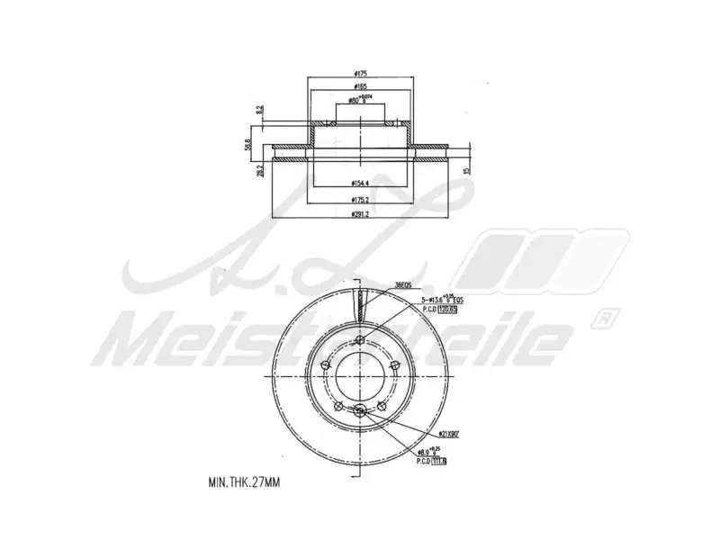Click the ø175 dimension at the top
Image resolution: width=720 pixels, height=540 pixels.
[x=360, y=74]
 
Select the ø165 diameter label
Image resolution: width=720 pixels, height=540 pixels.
[x=360, y=87]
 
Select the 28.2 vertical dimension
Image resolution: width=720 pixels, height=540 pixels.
[x=260, y=170]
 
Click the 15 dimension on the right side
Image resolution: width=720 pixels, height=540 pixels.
[x=467, y=169]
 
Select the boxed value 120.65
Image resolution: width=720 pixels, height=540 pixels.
[x=447, y=309]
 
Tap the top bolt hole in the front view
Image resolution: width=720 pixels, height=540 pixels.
[x=360, y=340]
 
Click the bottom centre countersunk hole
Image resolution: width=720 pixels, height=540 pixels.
[x=360, y=411]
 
